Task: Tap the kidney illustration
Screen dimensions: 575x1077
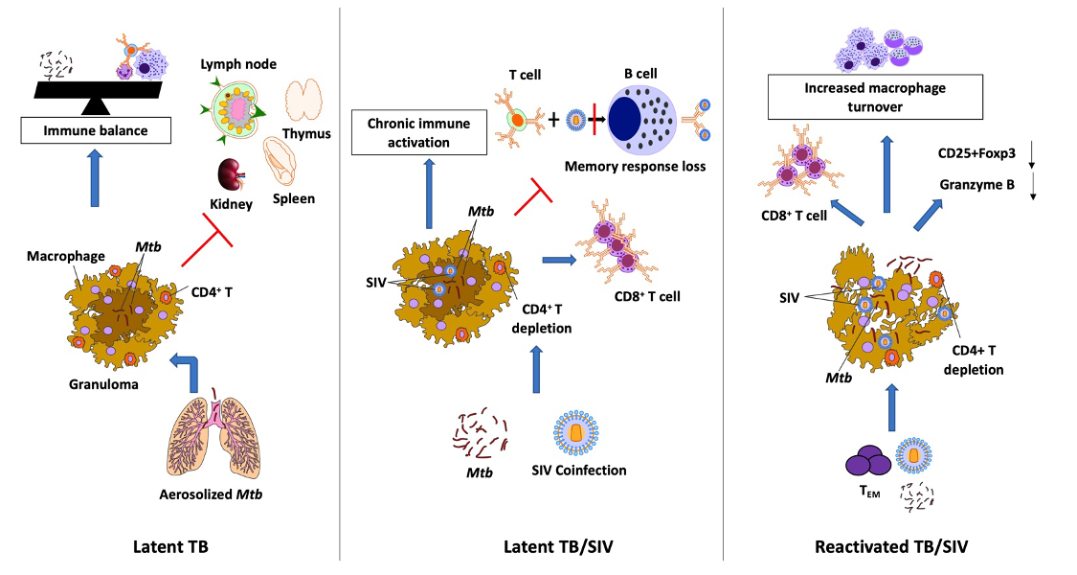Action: [227, 175]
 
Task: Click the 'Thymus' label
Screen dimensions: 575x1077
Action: [306, 134]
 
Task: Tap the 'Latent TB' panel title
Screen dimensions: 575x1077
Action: [171, 547]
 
